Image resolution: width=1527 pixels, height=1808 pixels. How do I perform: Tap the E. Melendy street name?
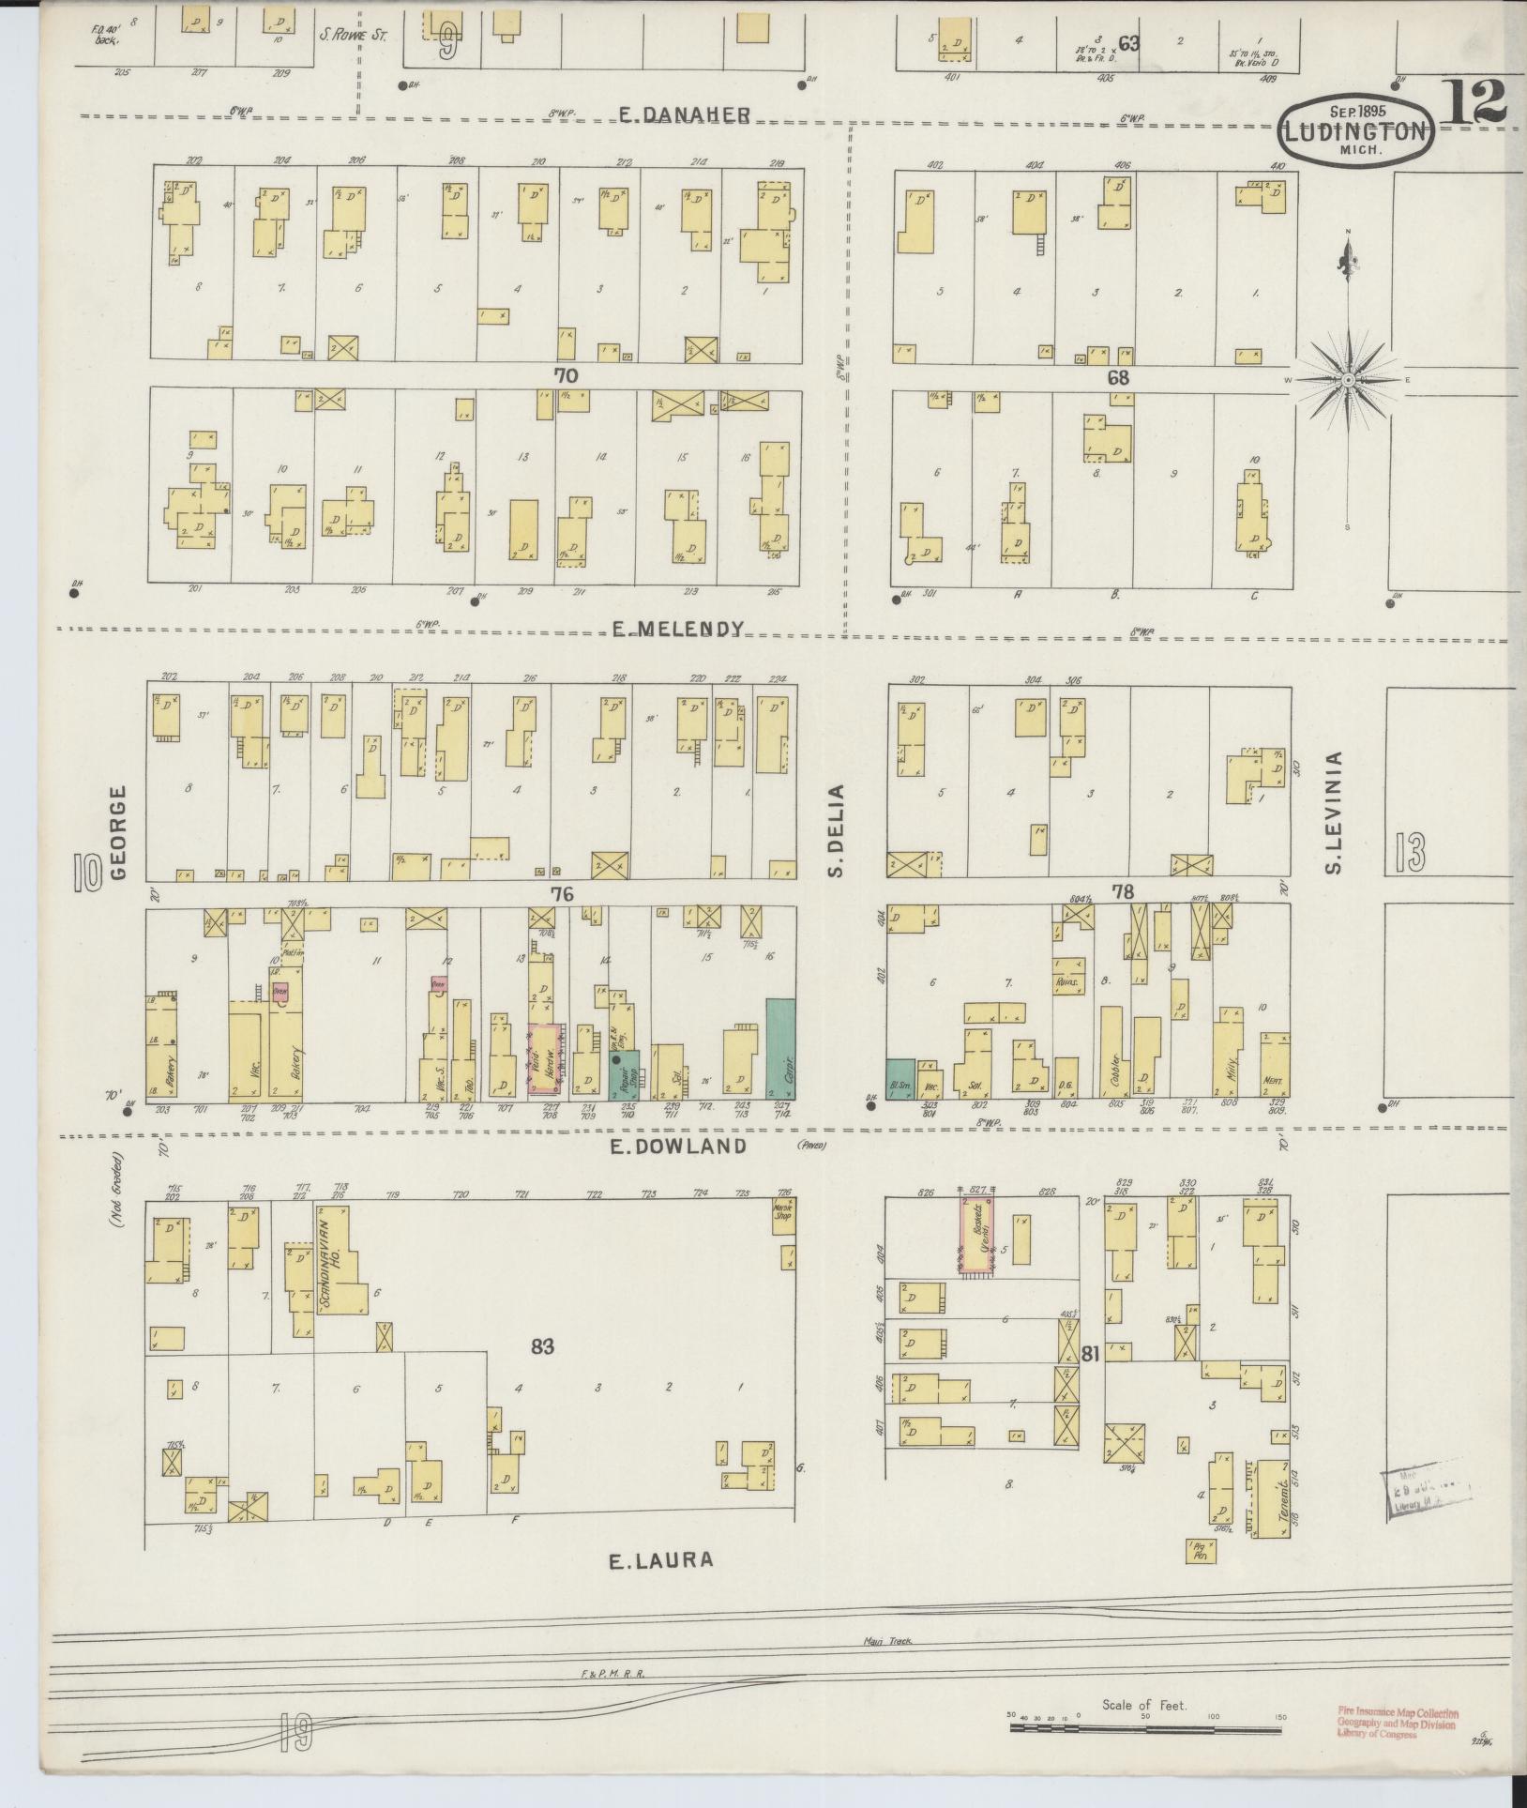point(678,630)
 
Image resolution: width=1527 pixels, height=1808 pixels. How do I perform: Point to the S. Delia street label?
point(837,830)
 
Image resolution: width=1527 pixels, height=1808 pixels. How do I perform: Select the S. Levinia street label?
point(1335,813)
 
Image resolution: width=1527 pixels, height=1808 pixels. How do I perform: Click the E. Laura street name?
point(661,1560)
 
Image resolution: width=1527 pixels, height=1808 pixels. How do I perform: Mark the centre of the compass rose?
point(1347,379)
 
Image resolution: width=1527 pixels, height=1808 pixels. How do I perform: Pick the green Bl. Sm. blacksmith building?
point(900,1078)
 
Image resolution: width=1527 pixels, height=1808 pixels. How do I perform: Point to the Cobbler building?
point(1111,1052)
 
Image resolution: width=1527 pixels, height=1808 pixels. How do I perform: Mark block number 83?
point(542,1347)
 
